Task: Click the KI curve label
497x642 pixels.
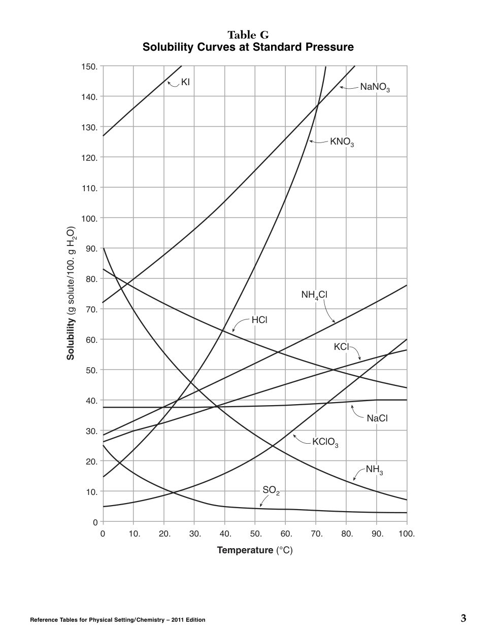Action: [185, 82]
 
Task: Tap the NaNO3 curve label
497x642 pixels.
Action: [375, 87]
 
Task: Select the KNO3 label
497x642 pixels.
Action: [342, 142]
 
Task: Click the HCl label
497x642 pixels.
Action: [259, 320]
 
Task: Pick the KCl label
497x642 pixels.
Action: [342, 347]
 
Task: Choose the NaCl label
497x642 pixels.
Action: [377, 418]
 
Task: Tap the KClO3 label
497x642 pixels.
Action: [325, 442]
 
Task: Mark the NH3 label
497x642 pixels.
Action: [374, 470]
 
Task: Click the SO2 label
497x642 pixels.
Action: [271, 490]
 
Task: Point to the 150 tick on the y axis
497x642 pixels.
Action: [89, 66]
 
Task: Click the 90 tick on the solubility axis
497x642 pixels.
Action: [91, 248]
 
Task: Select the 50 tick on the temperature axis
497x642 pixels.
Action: [255, 533]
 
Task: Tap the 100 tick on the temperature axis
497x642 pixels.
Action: [407, 533]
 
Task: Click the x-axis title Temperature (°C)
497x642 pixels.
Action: [255, 550]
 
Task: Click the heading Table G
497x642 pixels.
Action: [248, 35]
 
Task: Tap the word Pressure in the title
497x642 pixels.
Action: [329, 47]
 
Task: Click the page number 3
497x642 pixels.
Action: [463, 618]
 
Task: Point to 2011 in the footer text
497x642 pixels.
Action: [179, 620]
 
